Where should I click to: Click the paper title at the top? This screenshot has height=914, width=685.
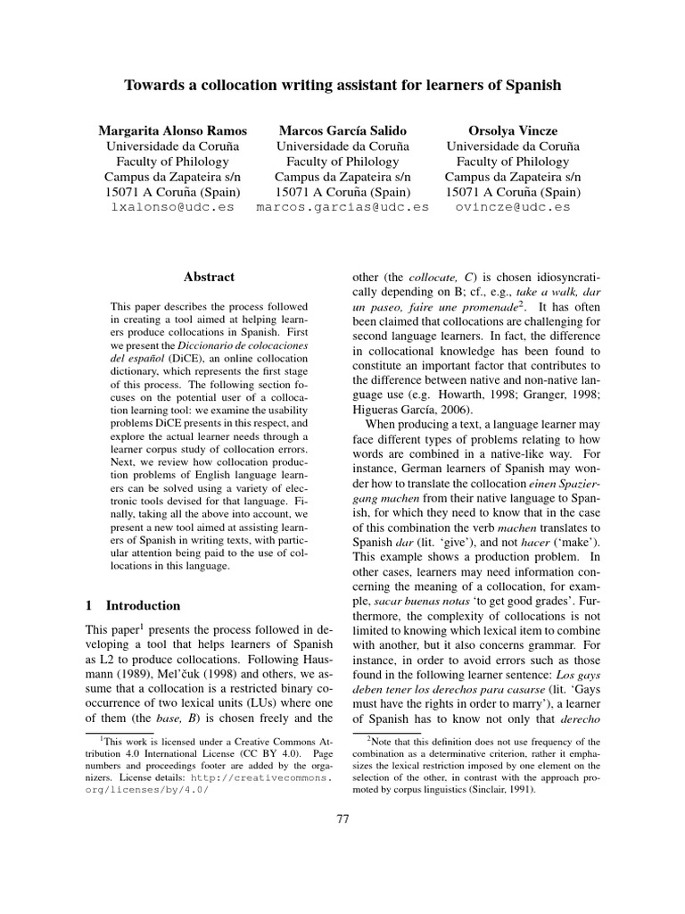[342, 86]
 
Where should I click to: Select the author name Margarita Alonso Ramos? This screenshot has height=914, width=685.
[171, 129]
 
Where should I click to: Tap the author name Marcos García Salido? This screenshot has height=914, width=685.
[342, 129]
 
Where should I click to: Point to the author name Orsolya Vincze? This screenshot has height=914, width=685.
[512, 129]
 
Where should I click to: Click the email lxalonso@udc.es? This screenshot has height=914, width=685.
[171, 206]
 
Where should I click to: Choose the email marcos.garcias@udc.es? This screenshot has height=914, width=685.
[342, 206]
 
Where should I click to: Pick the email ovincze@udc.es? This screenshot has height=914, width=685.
[512, 206]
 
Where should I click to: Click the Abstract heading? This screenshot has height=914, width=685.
[209, 278]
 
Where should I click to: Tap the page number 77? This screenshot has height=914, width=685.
[342, 843]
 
